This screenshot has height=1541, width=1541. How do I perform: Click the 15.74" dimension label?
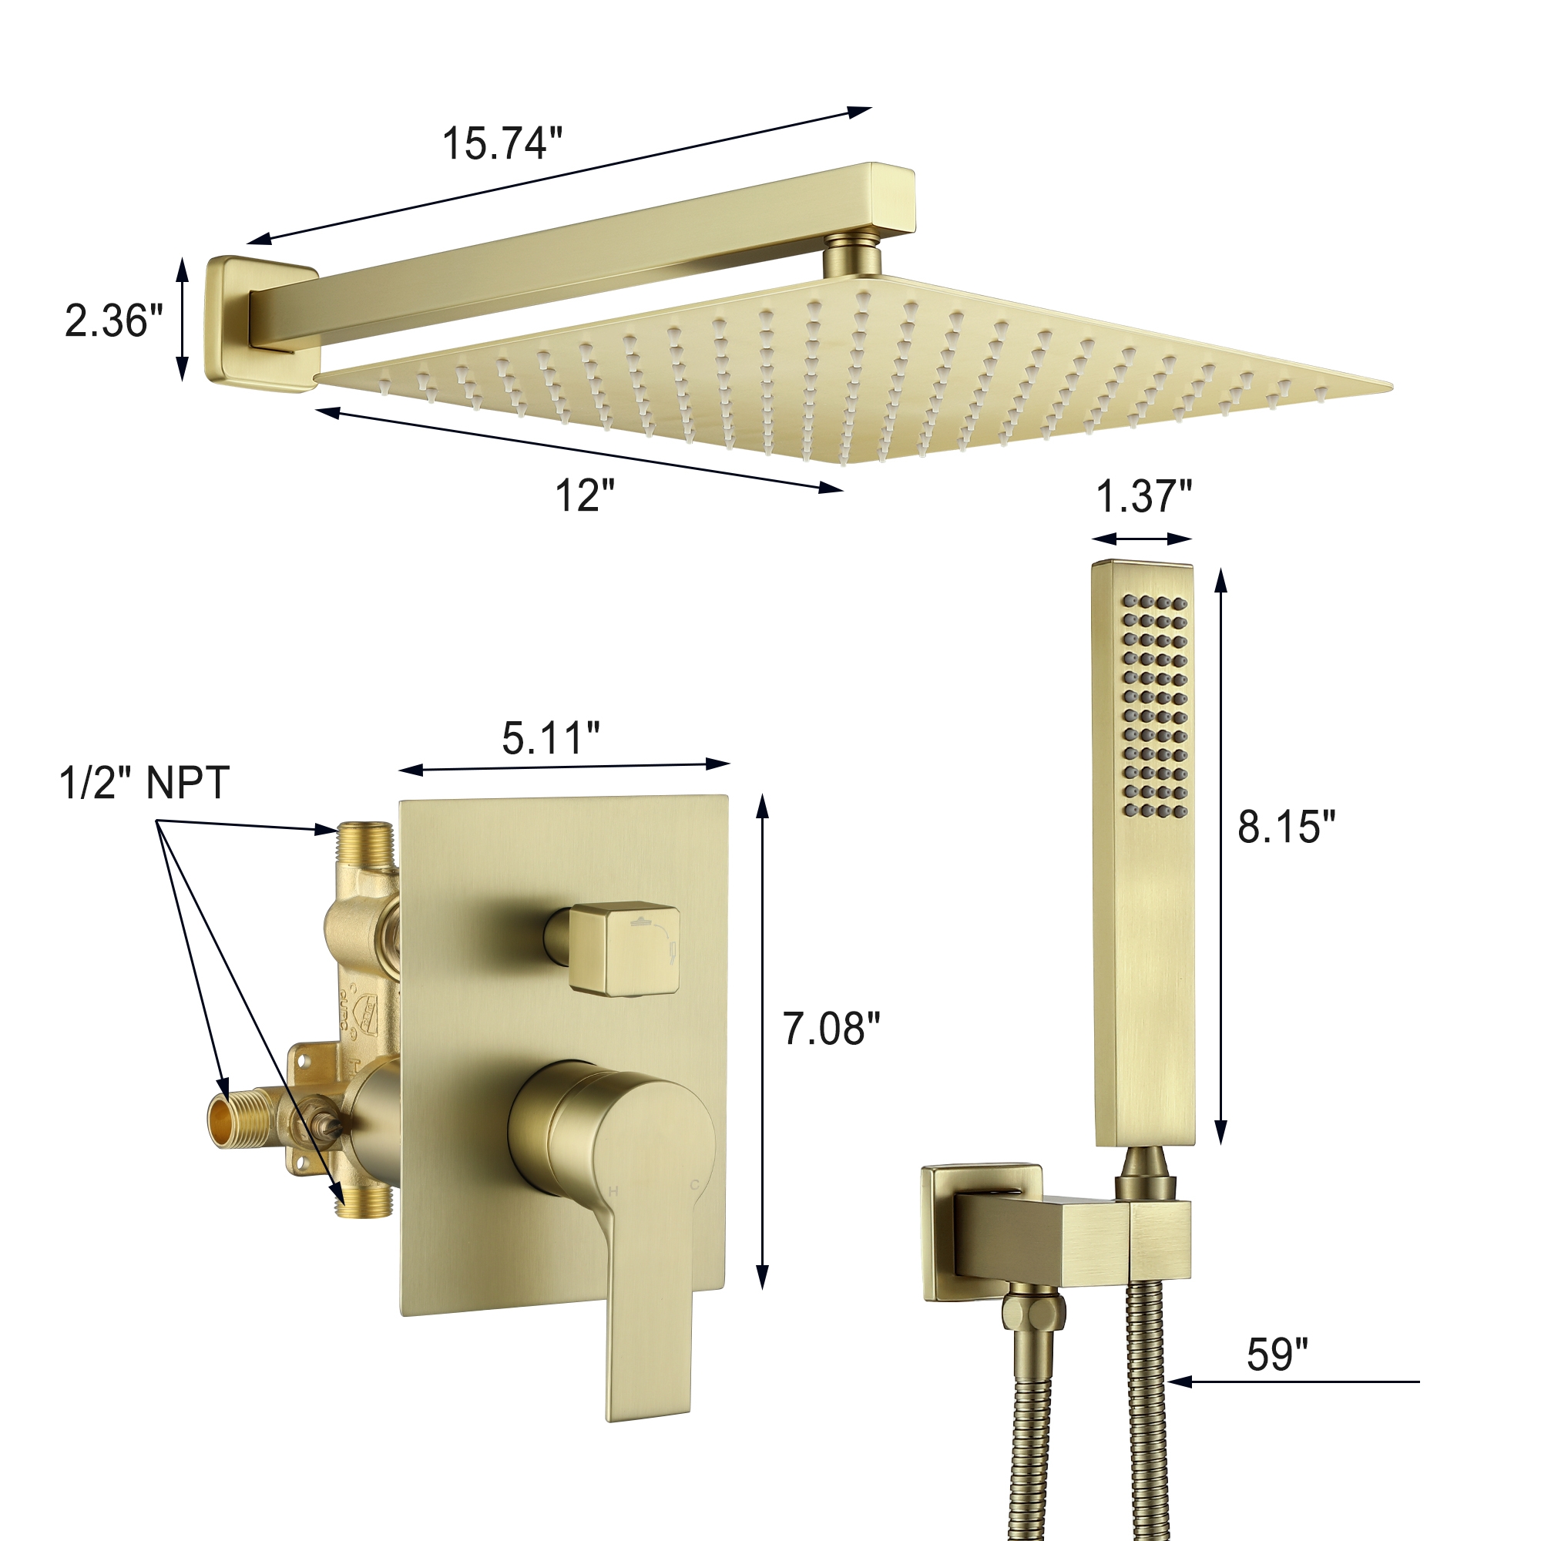coord(502,143)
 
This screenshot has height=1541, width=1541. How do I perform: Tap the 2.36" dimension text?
coord(113,321)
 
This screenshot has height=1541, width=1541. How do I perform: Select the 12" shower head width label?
coord(585,495)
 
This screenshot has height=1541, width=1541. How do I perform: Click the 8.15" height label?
coord(1286,826)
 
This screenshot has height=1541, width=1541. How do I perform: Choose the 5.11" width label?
coord(550,738)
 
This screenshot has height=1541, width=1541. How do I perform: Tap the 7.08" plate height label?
coord(831,1029)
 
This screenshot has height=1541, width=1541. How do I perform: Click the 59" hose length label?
coord(1277,1355)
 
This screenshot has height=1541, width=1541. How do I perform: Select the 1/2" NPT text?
coord(144,783)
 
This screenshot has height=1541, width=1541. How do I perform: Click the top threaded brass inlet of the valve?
coord(364,844)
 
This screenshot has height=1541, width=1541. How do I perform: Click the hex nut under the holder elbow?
coord(1033,1312)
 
